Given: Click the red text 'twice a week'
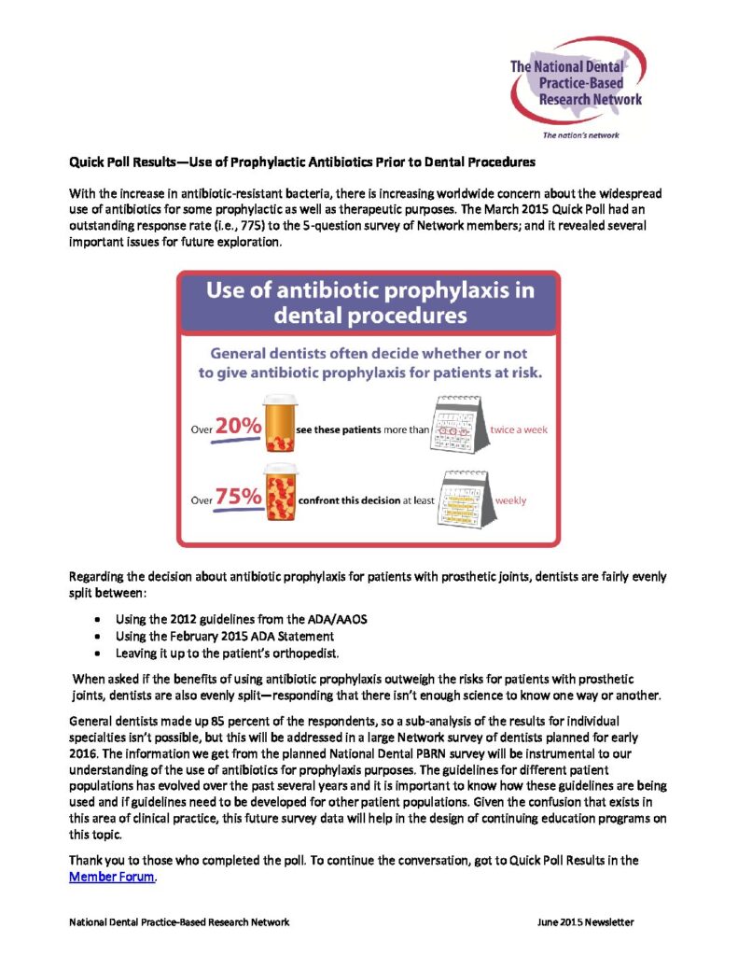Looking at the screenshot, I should click(519, 429).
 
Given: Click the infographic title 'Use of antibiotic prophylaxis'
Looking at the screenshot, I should click(369, 289).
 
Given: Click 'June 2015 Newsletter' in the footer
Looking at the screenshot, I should click(585, 921).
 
